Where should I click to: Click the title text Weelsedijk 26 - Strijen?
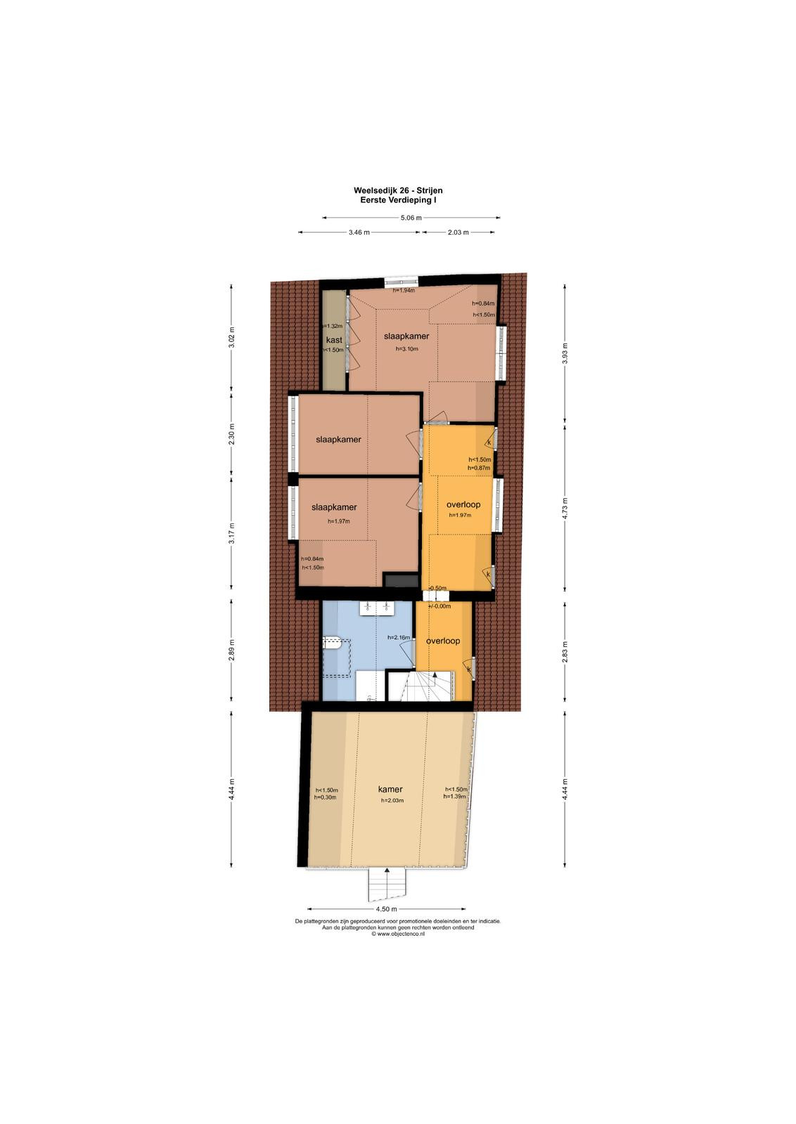398,190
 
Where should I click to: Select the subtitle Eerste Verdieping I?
398,200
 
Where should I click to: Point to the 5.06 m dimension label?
411,218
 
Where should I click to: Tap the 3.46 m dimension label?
359,233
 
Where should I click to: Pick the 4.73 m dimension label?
565,509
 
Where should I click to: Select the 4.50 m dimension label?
386,909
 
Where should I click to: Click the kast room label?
334,340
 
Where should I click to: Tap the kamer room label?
390,790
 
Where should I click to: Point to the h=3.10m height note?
406,348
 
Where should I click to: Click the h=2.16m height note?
399,638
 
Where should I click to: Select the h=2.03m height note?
392,800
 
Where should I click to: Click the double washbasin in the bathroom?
377,608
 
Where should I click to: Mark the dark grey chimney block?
401,580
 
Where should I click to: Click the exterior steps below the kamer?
387,884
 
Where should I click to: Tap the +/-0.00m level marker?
439,606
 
